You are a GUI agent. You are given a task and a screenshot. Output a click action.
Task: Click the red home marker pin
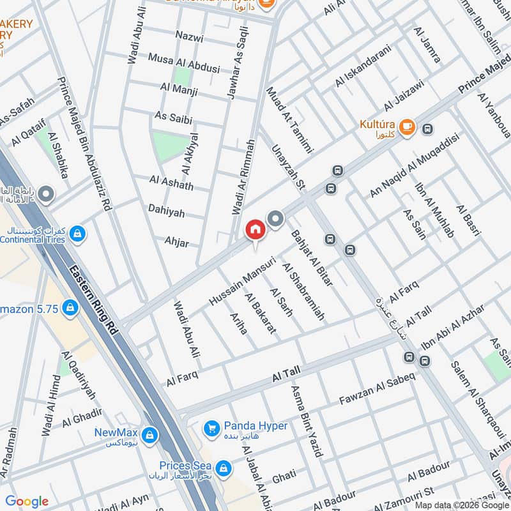(255, 229)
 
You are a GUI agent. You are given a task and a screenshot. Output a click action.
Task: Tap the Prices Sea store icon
(223, 469)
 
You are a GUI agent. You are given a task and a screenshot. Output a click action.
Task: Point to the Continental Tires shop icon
(77, 234)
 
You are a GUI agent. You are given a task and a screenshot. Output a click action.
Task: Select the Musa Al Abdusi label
(184, 57)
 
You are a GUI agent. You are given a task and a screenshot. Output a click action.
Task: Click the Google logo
(27, 501)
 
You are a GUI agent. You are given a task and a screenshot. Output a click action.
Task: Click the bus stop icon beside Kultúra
(427, 128)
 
